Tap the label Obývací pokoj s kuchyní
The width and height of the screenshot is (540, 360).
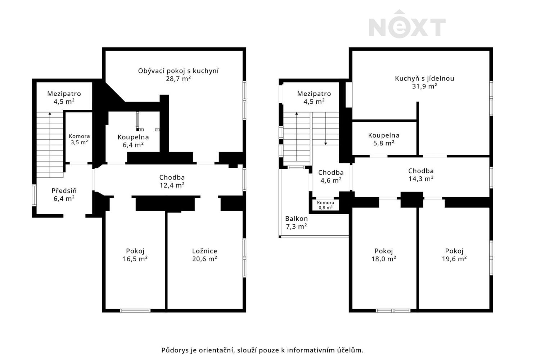178,71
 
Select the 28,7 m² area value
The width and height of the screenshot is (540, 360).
178,79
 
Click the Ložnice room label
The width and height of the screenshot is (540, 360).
204,251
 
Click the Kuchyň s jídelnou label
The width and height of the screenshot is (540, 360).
424,78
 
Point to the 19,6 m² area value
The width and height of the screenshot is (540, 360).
454,259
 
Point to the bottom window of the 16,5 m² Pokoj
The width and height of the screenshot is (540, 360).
135,310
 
